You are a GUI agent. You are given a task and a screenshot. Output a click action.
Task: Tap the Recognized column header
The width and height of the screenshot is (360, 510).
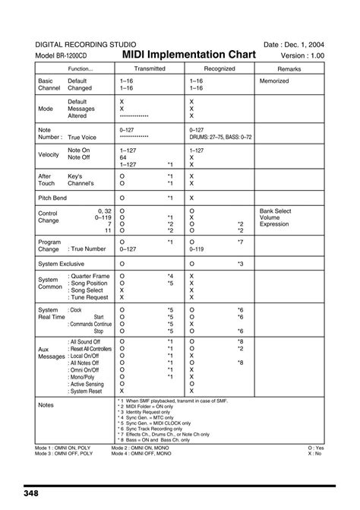pos(219,68)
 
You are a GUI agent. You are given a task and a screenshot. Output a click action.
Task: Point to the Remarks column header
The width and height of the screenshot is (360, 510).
pos(289,68)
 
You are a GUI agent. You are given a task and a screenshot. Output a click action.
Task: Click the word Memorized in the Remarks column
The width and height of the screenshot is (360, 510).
pos(274,80)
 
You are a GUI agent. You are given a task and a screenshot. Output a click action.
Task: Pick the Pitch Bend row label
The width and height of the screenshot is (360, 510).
pos(52,198)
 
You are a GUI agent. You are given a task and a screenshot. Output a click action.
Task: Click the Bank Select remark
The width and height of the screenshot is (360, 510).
pos(275,211)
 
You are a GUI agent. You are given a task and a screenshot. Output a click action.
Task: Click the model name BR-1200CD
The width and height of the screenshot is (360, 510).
pos(71,57)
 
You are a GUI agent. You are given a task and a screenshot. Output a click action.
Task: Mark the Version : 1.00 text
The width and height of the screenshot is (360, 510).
pos(302,57)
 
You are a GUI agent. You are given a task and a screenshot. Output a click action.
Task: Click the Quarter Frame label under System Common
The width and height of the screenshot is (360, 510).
pos(90,276)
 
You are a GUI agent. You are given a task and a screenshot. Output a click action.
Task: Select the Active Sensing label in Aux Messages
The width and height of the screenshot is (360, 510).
pos(86,384)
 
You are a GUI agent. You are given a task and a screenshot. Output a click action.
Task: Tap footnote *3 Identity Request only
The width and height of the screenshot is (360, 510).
pos(150,411)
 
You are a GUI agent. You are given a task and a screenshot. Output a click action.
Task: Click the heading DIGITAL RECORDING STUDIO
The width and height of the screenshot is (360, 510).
pos(80,44)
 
